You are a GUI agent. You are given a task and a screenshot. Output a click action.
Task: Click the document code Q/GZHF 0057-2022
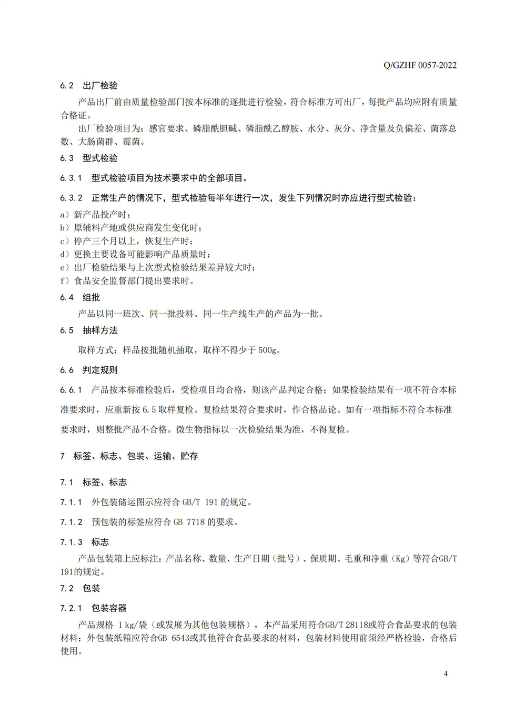tap(420, 65)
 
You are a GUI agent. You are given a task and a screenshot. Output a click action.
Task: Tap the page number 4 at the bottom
tap(446, 673)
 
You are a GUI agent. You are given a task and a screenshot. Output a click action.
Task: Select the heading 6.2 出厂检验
tap(89, 85)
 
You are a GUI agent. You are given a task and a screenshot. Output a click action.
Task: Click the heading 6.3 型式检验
tap(89, 158)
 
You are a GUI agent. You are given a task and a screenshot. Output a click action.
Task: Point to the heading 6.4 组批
tap(80, 297)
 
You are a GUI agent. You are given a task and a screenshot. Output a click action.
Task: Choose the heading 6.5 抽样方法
tap(89, 330)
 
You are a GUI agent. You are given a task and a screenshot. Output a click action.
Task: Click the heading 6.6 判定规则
tap(89, 370)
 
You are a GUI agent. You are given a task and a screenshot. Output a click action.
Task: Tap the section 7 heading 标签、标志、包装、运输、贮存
tap(129, 456)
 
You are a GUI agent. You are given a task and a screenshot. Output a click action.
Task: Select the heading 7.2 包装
tap(80, 588)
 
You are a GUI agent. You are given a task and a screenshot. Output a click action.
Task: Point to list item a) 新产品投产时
tap(95, 214)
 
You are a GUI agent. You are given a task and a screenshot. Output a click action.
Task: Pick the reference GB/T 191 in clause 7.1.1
tap(199, 502)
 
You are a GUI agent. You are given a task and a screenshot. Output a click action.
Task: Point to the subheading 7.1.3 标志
tap(85, 542)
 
